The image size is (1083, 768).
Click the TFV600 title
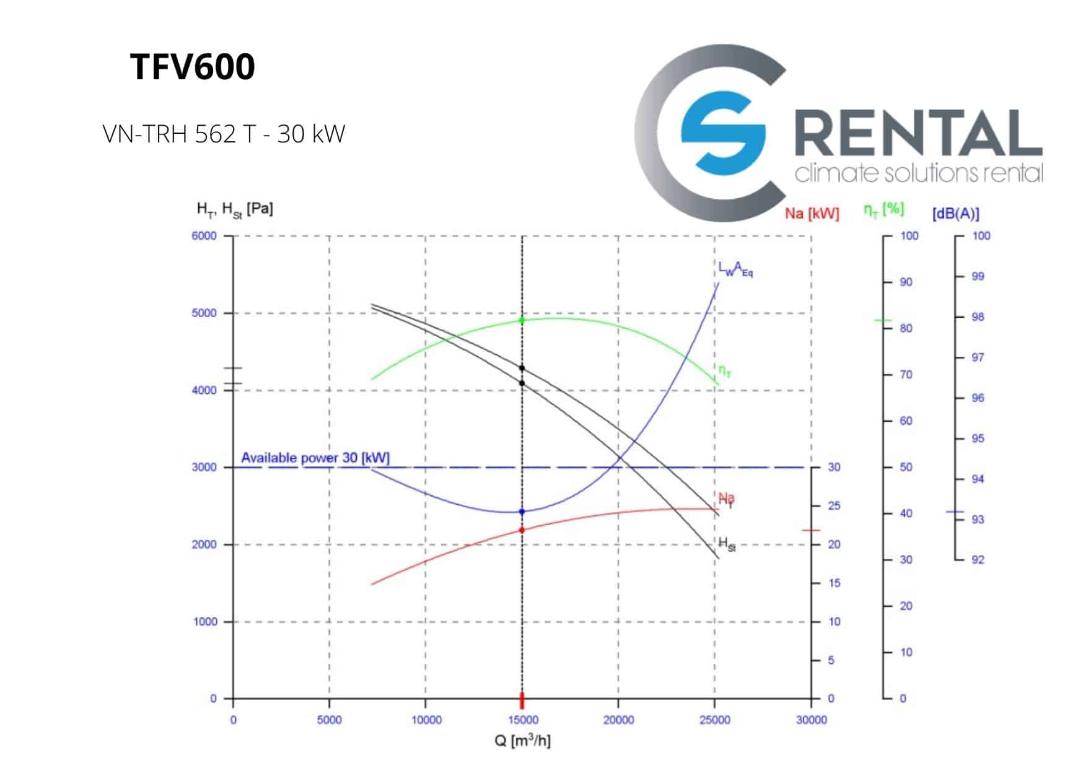[x=193, y=67]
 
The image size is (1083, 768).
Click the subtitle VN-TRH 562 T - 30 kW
[x=224, y=134]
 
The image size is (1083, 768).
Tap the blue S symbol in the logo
[x=722, y=133]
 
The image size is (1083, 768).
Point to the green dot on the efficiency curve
[x=522, y=320]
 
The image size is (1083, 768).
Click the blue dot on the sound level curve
[x=522, y=512]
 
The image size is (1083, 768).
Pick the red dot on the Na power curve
[x=522, y=530]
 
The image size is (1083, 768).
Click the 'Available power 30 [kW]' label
[x=315, y=458]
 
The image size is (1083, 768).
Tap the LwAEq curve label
[x=735, y=269]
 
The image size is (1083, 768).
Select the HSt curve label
[x=727, y=544]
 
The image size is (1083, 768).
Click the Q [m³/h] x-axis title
[x=522, y=740]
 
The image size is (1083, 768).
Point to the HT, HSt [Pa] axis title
[x=235, y=209]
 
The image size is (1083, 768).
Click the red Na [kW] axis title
[x=812, y=214]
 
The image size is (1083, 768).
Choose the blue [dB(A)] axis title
[x=955, y=214]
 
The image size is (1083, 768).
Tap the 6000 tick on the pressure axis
[x=204, y=236]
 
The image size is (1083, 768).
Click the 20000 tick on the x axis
[x=618, y=720]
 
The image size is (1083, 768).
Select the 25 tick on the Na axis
[x=834, y=506]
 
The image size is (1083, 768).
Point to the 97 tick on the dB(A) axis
[x=977, y=357]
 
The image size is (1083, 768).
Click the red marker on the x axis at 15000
[x=522, y=700]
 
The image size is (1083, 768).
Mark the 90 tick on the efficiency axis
[x=906, y=282]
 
